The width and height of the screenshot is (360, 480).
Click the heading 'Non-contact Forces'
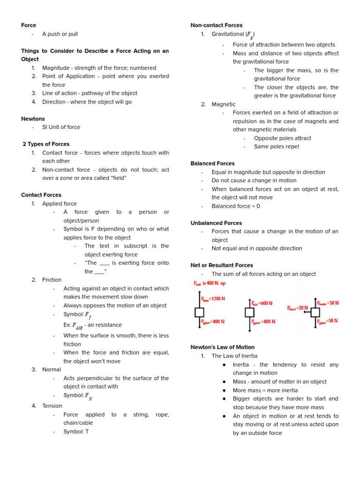216,25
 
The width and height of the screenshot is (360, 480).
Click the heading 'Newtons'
33,119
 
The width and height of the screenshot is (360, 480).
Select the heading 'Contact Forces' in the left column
41,195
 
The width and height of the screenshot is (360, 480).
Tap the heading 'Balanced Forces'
212,164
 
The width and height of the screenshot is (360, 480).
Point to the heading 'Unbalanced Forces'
216,223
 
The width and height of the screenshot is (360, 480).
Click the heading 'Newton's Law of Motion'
223,347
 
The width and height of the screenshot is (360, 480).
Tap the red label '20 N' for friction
298,308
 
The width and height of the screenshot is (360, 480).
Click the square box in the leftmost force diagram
199,312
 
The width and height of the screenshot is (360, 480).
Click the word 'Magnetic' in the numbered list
224,105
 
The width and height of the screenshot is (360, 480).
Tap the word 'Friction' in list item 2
52,280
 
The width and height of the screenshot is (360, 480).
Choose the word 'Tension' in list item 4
52,406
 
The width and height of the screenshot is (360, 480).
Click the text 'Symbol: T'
76,431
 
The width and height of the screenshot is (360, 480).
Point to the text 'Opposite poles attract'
282,138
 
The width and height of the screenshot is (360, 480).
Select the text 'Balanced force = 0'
236,206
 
